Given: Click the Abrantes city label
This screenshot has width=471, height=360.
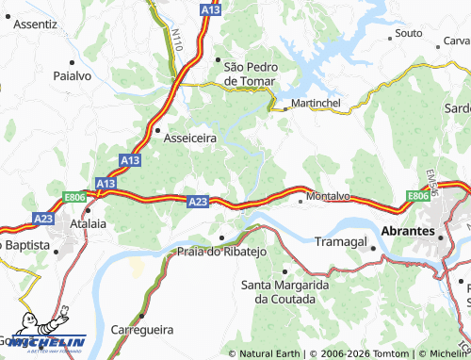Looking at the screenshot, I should (x=407, y=231).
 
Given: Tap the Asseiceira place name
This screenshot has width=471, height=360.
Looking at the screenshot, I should (x=190, y=138).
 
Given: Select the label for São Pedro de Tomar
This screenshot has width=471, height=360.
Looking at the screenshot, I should (x=252, y=73).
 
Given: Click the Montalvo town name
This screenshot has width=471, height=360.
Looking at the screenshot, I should (x=328, y=196).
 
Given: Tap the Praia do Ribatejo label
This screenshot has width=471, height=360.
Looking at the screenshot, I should (x=223, y=252).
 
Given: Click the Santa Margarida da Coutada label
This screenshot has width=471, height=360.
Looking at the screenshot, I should (x=284, y=290).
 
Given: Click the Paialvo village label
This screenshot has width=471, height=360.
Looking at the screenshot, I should (x=71, y=75).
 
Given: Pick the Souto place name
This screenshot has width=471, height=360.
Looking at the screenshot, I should (x=409, y=33).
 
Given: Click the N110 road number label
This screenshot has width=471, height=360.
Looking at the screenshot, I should (x=177, y=39).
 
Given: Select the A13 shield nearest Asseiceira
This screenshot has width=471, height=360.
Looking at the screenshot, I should (x=130, y=161).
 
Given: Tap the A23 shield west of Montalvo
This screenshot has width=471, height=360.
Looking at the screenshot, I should (x=197, y=201).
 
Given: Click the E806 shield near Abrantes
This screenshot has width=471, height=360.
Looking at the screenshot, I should (x=418, y=195).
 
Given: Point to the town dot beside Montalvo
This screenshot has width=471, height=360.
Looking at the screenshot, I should (x=300, y=200).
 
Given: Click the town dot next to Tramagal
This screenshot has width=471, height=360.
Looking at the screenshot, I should (x=374, y=249).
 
